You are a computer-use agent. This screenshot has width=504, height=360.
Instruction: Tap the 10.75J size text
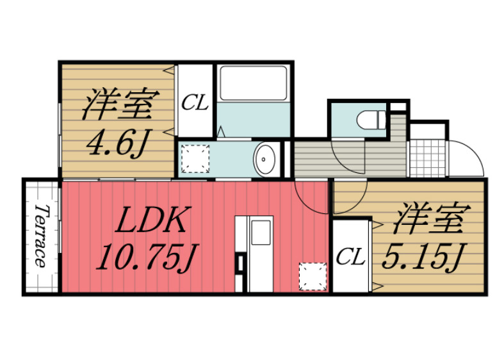pos(145,257)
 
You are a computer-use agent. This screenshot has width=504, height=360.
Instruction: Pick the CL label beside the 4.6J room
pos(195,102)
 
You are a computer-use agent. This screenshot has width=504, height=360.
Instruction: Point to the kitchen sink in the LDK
pos(261,232)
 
